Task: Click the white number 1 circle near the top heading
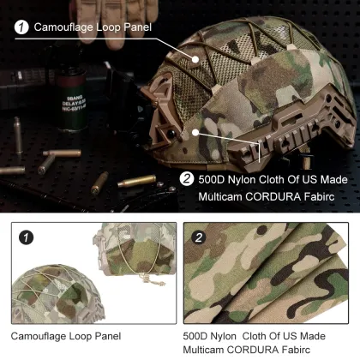(20, 27)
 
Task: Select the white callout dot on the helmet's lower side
(198, 132)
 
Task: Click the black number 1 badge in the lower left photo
(27, 237)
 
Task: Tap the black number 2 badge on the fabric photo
(199, 237)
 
